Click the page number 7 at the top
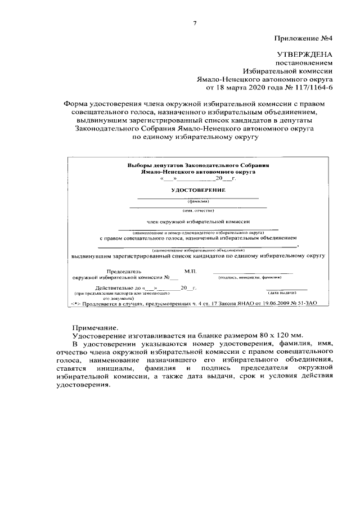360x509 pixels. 194,23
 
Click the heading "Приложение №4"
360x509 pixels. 304,39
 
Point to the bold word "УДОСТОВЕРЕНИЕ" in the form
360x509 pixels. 198,191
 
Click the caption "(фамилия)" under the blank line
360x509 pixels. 198,200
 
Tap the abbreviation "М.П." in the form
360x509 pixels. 190,271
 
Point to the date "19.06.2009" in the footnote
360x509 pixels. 272,303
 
